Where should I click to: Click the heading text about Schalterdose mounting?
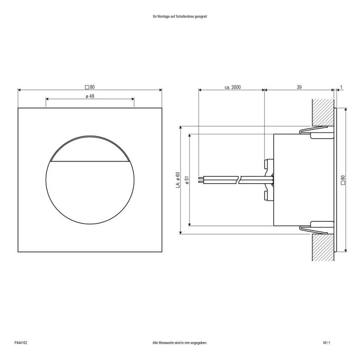(x=180, y=16)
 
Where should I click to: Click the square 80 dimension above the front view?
(x=90, y=87)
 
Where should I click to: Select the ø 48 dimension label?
(x=90, y=96)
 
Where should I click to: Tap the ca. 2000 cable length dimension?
(x=233, y=87)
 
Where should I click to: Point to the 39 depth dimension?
(x=299, y=87)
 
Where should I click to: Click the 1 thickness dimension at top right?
(x=342, y=87)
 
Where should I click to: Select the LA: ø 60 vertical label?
(x=178, y=180)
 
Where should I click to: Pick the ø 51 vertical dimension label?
(x=186, y=180)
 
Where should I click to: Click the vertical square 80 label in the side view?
(x=343, y=180)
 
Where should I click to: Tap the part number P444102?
(x=21, y=343)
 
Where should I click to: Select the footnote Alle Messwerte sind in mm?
(x=180, y=343)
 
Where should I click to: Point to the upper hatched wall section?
(x=322, y=112)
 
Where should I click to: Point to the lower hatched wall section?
(x=322, y=247)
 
